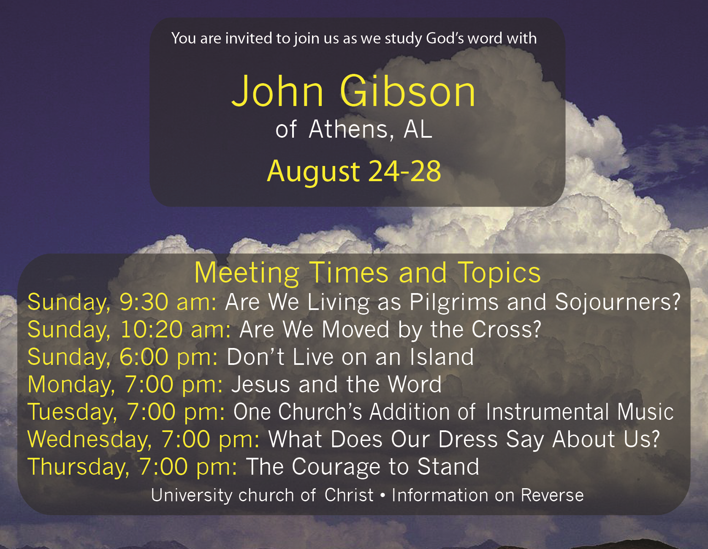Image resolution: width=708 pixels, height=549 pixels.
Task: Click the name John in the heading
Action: pyautogui.click(x=277, y=91)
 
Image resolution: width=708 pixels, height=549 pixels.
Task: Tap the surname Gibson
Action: pyautogui.click(x=408, y=91)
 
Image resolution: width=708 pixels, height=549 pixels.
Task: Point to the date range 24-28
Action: pyautogui.click(x=404, y=171)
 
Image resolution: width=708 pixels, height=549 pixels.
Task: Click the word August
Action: pyautogui.click(x=313, y=172)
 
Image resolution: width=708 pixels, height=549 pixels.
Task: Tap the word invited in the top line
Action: pyautogui.click(x=249, y=38)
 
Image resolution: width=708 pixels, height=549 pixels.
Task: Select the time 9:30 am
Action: pyautogui.click(x=168, y=302)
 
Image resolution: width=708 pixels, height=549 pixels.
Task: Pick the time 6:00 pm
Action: pyautogui.click(x=168, y=357)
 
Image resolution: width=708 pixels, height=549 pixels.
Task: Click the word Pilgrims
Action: pyautogui.click(x=454, y=303)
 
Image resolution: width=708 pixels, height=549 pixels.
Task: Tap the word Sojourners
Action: pyautogui.click(x=618, y=302)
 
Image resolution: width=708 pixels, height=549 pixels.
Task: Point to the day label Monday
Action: pyautogui.click(x=71, y=385)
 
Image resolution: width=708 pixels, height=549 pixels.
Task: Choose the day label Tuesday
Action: pyautogui.click(x=72, y=413)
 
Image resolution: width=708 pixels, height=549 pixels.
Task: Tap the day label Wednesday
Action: pyautogui.click(x=90, y=440)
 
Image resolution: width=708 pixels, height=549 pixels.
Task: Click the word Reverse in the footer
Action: pyautogui.click(x=552, y=495)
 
